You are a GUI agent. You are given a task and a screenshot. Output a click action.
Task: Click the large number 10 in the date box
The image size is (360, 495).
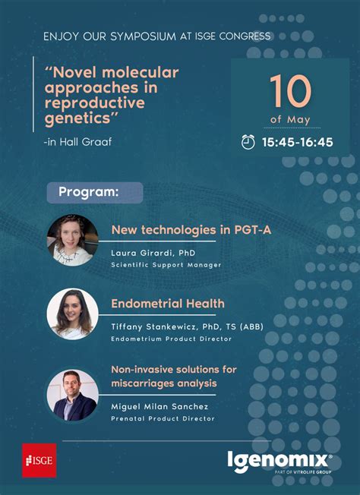289,92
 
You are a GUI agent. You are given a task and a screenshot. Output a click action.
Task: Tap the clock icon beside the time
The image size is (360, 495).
248,141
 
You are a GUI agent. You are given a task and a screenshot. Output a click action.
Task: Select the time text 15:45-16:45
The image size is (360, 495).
297,142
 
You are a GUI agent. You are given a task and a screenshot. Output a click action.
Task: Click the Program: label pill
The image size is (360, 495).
94,192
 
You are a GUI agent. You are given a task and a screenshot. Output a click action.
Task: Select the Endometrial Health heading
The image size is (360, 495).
168,304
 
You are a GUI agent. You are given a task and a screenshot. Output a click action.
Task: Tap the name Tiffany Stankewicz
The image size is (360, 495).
152,326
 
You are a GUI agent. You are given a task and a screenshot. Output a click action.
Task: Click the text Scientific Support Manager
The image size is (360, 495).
166,264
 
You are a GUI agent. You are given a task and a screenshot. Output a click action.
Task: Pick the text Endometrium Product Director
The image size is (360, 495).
171,339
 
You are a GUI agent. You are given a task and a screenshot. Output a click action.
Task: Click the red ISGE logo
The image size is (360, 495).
39,460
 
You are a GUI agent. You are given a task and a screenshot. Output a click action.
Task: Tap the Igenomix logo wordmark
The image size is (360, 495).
279,460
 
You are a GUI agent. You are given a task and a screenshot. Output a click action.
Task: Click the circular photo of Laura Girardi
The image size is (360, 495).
73,239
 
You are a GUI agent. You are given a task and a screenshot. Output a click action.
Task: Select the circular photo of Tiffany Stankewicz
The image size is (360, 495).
73,314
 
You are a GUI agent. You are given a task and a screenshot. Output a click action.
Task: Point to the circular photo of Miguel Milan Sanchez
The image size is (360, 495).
73,395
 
